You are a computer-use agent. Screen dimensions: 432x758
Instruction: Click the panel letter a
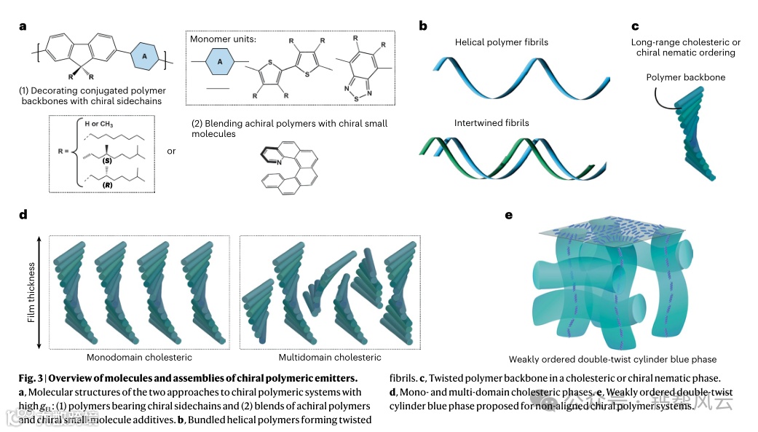[23, 26]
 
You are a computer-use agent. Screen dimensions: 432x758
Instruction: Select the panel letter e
[508, 215]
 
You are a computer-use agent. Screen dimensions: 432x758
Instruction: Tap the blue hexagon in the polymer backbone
[145, 55]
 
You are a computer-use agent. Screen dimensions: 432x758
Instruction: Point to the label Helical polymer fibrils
[502, 42]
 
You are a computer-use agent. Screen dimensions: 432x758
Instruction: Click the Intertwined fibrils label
[491, 123]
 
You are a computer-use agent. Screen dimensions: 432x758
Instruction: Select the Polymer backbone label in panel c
[685, 77]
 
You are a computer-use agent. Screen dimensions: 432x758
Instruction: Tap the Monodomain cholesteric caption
[139, 358]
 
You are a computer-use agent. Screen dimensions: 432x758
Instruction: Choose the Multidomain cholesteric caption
[330, 358]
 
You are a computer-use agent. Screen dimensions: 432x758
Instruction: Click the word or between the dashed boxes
[171, 152]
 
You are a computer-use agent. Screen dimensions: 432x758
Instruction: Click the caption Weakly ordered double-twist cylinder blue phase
[612, 359]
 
